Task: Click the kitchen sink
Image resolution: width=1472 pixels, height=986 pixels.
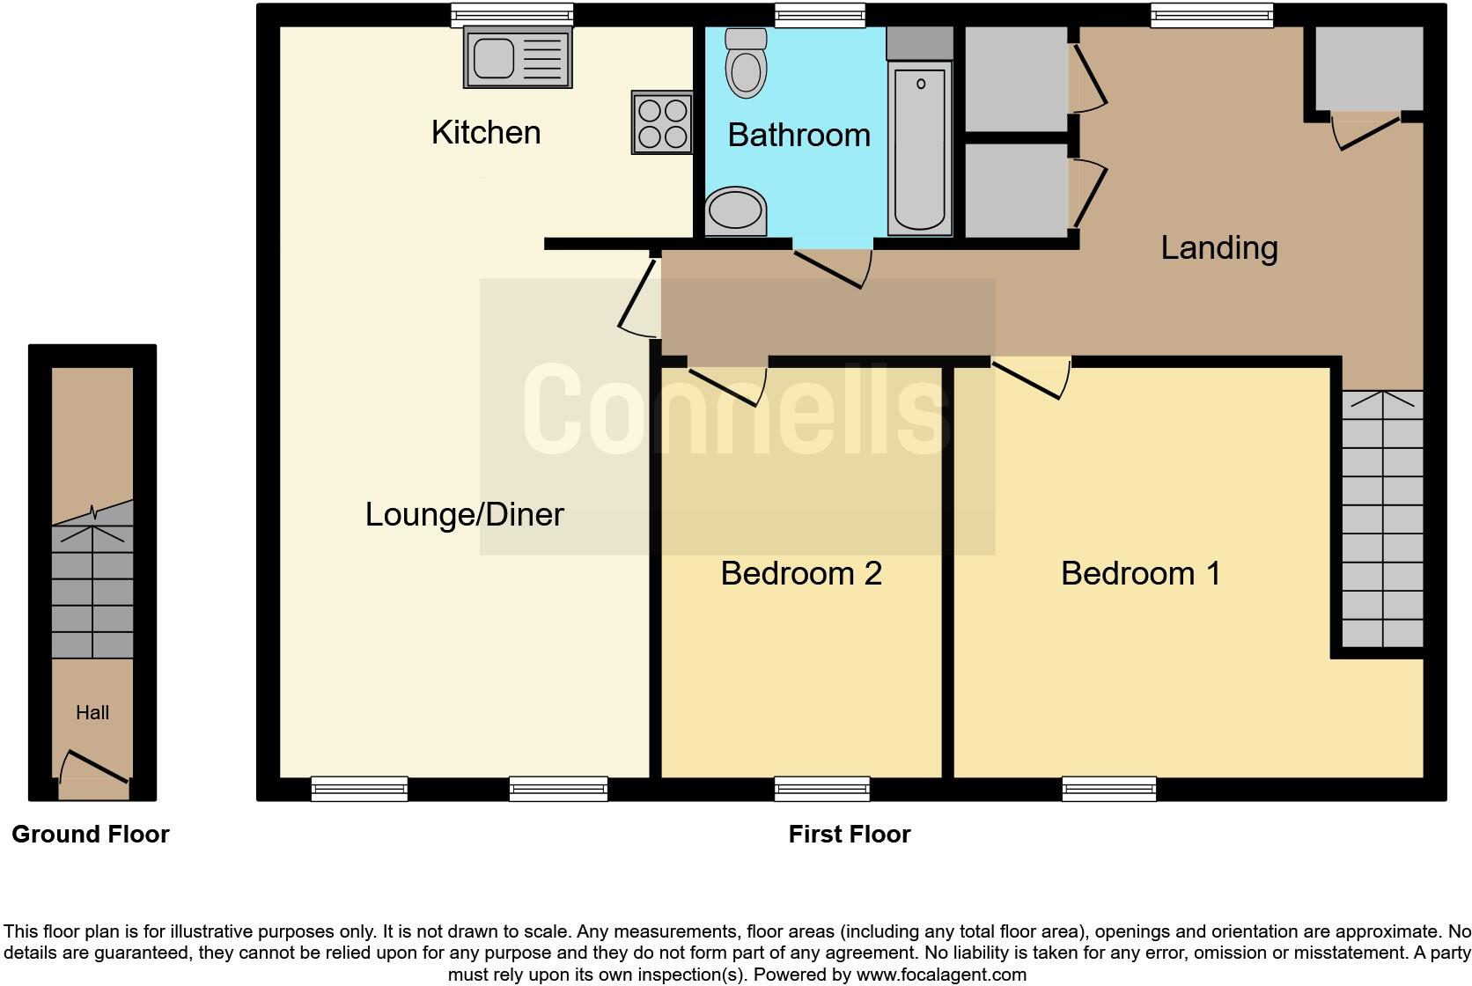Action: pyautogui.click(x=517, y=58)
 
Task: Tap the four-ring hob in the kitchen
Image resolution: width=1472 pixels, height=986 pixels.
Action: pyautogui.click(x=661, y=123)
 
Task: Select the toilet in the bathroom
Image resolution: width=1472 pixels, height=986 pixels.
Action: pyautogui.click(x=746, y=63)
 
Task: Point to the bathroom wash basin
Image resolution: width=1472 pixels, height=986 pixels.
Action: pyautogui.click(x=736, y=212)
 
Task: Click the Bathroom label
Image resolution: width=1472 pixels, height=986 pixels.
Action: pyautogui.click(x=799, y=136)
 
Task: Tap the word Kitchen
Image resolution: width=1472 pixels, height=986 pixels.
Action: pyautogui.click(x=486, y=133)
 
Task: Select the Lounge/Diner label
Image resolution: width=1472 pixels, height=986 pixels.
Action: pyautogui.click(x=464, y=515)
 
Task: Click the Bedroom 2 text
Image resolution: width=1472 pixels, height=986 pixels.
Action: pyautogui.click(x=800, y=574)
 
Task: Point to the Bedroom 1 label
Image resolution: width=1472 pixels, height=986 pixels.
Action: pyautogui.click(x=1140, y=574)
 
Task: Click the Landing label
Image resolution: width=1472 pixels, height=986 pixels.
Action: pyautogui.click(x=1218, y=248)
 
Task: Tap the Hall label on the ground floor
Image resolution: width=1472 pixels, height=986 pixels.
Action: pyautogui.click(x=92, y=713)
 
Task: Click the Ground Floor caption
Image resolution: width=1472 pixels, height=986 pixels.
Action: pyautogui.click(x=91, y=835)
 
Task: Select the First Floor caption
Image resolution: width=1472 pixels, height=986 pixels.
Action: pyautogui.click(x=849, y=835)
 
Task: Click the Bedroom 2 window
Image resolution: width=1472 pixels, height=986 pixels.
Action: pyautogui.click(x=822, y=789)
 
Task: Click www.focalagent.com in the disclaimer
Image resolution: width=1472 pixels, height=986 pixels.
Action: pyautogui.click(x=940, y=975)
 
